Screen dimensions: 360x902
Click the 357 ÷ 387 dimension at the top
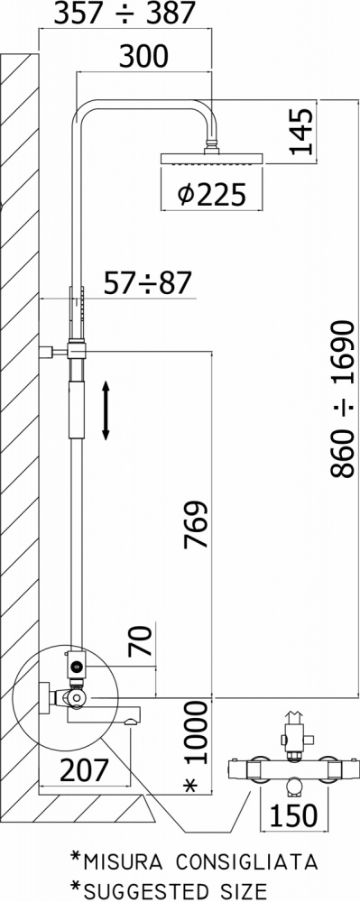tap(125, 14)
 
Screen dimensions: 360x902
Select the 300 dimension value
tap(143, 57)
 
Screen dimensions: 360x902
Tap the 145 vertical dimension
tap(302, 133)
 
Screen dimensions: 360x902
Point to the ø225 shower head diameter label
tap(212, 196)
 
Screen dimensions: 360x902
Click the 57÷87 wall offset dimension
tap(147, 283)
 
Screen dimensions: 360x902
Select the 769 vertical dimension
tap(195, 525)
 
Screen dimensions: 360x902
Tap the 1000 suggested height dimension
tap(196, 732)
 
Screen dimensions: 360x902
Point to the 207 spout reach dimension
tap(84, 771)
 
